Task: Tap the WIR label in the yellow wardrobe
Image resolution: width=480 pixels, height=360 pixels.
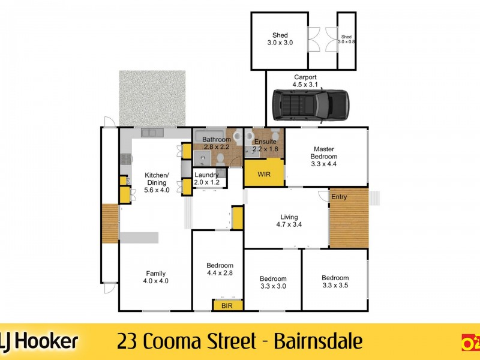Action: [x=264, y=175]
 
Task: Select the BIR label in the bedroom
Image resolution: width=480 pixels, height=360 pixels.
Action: [x=227, y=306]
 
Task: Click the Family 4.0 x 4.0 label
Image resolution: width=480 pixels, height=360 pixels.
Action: [x=155, y=277]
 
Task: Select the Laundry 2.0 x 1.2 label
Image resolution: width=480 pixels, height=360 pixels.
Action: [x=207, y=179]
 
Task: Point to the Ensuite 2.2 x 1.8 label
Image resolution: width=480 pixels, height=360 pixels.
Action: [x=266, y=145]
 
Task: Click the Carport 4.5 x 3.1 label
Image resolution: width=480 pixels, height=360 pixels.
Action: [x=305, y=81]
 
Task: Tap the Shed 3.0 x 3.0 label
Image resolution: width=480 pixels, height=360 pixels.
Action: [x=280, y=39]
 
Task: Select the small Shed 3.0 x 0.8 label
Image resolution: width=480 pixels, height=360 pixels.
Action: [x=347, y=39]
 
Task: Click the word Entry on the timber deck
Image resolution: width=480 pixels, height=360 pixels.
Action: [x=339, y=197]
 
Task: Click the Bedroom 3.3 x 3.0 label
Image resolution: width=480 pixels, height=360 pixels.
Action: [x=273, y=282]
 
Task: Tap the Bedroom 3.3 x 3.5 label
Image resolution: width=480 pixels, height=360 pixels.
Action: [x=335, y=281]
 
